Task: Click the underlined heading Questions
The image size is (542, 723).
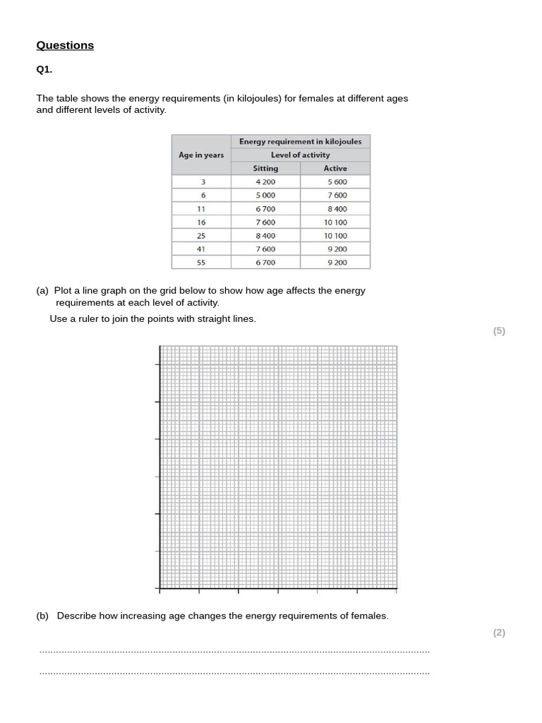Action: point(65,45)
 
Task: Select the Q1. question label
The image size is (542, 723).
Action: point(44,70)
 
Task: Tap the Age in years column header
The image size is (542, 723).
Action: point(201,155)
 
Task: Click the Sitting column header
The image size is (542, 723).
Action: point(265,169)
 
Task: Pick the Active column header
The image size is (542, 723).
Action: point(335,169)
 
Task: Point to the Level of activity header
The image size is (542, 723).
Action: point(300,155)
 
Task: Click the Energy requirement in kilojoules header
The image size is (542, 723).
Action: point(300,142)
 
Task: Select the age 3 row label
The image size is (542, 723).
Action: point(203,182)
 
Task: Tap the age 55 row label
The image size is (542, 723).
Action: point(202,263)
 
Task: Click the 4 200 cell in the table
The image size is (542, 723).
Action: point(265,182)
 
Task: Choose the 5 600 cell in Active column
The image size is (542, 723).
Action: point(336,182)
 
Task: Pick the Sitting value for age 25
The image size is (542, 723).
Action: point(265,236)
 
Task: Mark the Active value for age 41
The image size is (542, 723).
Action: point(336,249)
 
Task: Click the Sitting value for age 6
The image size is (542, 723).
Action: point(265,196)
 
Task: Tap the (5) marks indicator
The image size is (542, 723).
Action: point(499,331)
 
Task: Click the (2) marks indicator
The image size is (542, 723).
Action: point(499,633)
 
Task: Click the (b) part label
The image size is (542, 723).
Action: point(42,616)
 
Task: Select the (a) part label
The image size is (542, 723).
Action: point(42,291)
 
